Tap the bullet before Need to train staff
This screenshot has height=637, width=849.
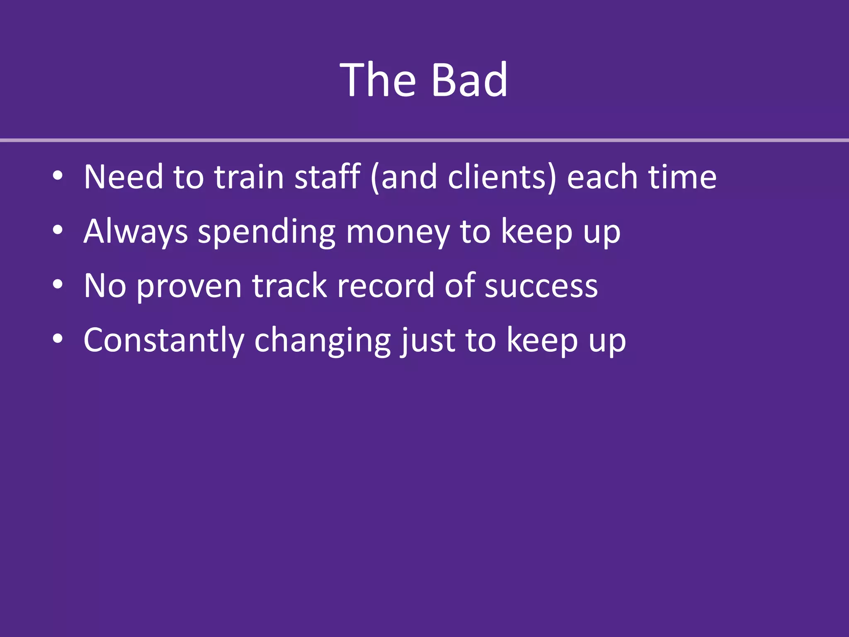coord(58,176)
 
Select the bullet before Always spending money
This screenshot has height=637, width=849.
coord(58,230)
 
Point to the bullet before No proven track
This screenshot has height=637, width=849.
coord(58,284)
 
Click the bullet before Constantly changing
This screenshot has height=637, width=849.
coord(58,339)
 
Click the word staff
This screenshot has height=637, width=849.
coord(327,177)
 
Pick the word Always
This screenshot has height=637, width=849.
coord(136,231)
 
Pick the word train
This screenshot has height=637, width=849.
coord(249,177)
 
